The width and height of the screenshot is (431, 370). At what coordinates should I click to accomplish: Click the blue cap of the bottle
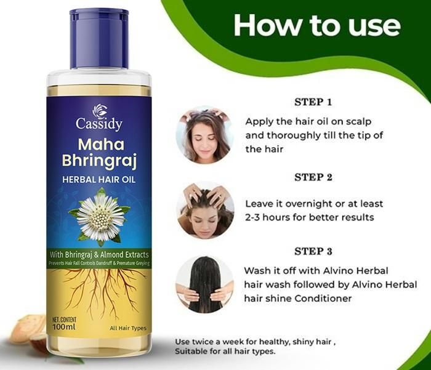click(x=99, y=38)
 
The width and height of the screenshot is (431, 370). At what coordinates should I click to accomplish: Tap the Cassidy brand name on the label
click(x=99, y=124)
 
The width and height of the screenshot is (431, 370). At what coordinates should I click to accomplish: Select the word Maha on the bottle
click(x=99, y=145)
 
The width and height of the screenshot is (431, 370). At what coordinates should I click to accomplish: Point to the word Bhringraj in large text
click(x=99, y=161)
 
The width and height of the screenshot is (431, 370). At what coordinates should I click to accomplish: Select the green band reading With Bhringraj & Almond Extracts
click(x=100, y=254)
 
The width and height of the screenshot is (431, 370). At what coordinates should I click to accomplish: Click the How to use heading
click(x=316, y=26)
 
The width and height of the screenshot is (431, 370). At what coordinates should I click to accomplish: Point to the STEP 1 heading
click(x=313, y=102)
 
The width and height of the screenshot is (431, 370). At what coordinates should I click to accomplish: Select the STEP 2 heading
click(x=313, y=177)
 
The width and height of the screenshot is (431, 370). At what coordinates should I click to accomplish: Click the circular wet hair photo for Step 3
click(x=204, y=284)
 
